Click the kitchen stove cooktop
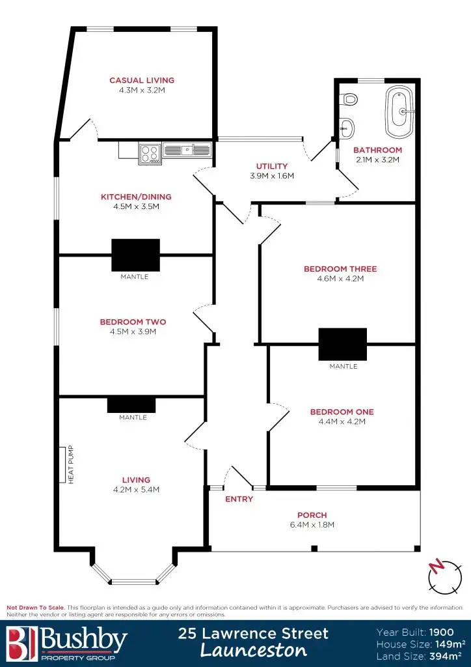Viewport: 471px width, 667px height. click(150, 154)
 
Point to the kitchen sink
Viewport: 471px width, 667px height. click(187, 150)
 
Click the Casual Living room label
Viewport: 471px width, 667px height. click(142, 81)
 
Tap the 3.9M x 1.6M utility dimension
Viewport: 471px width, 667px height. click(272, 176)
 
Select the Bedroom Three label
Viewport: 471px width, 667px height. click(340, 269)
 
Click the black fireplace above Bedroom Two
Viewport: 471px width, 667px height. click(135, 255)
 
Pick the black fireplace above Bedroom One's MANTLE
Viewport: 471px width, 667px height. click(342, 344)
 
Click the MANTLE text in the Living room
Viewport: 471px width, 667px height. click(133, 418)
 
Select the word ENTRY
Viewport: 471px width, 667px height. click(239, 500)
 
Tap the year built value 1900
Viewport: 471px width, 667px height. click(442, 632)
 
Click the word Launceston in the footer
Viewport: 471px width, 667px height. click(253, 650)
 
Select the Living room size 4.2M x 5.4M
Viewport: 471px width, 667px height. click(136, 490)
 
